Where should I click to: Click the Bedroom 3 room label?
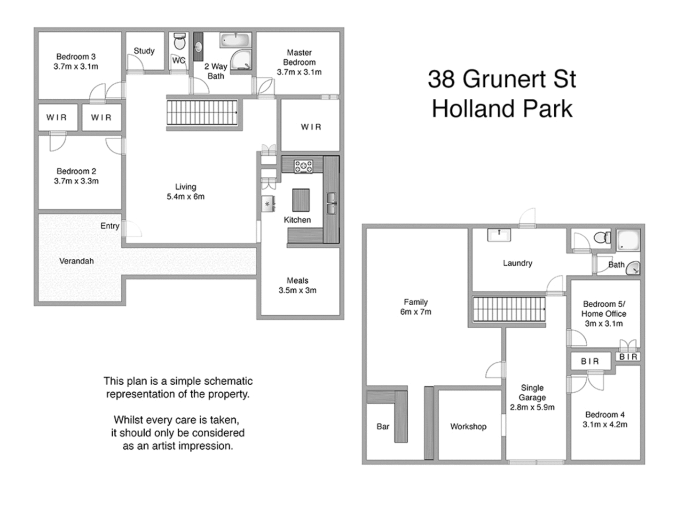(x=76, y=57)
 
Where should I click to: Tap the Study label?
(x=144, y=51)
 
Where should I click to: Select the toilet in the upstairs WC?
(x=179, y=42)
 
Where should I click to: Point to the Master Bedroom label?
(x=299, y=57)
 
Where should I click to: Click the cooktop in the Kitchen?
(x=303, y=166)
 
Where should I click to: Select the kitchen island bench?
(x=301, y=200)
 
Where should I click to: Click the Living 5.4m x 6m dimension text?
(x=185, y=197)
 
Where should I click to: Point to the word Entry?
(x=110, y=226)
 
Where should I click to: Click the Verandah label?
(x=76, y=261)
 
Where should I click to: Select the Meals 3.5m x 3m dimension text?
(x=297, y=290)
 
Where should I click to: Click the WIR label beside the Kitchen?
(x=311, y=127)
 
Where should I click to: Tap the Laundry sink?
(x=499, y=235)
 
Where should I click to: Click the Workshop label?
(x=468, y=427)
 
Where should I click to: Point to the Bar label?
(x=383, y=427)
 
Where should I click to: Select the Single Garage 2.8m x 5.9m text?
(x=532, y=407)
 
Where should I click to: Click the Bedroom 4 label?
(x=605, y=414)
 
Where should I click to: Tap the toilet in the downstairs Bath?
(x=602, y=238)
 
